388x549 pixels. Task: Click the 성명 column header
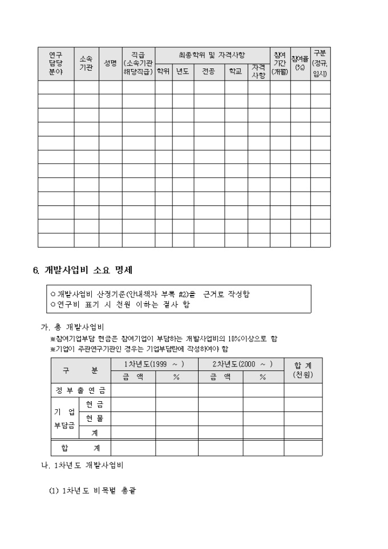110,63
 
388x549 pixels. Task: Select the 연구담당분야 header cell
56,63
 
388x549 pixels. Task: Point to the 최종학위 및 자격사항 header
212,55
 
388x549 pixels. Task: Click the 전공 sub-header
208,72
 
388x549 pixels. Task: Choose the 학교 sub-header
236,72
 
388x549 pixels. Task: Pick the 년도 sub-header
183,72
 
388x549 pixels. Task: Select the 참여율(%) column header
300,63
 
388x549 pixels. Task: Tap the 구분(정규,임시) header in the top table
320,63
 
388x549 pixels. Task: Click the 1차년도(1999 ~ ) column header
154,364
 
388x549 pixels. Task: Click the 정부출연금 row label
80,391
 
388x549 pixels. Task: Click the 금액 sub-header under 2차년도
220,377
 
